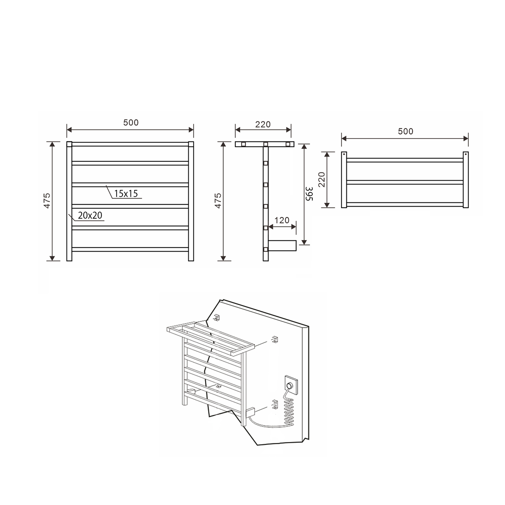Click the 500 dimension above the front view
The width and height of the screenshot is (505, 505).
131,123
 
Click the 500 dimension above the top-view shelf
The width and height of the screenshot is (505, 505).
406,132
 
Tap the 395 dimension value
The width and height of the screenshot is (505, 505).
309,194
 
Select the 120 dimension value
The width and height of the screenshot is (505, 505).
282,220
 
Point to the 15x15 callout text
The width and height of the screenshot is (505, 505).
126,194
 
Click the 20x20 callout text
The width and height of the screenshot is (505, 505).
90,215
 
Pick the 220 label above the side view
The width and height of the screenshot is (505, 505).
263,125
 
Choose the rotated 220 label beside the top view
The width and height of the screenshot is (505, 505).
321,180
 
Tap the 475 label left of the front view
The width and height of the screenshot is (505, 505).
47,201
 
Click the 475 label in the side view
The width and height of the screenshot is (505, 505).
218,201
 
